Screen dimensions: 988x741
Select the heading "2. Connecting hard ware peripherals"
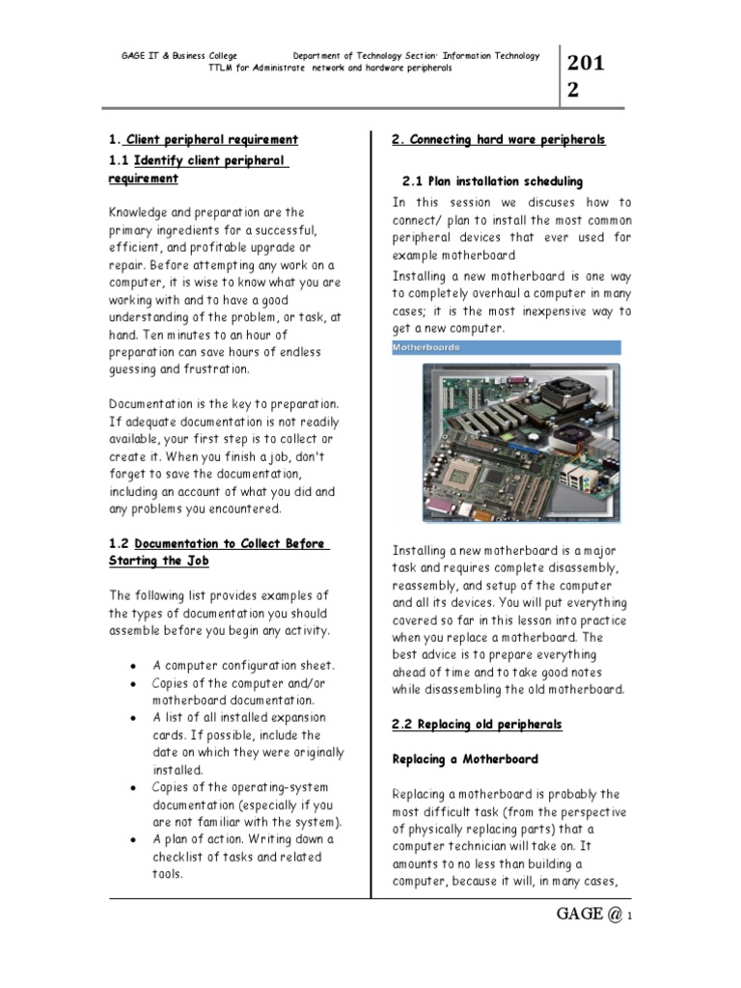498,140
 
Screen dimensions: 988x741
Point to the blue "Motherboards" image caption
426,347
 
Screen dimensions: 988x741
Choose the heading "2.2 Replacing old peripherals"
477,724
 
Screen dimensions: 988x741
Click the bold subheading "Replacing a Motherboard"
464,759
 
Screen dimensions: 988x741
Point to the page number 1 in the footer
629,918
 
